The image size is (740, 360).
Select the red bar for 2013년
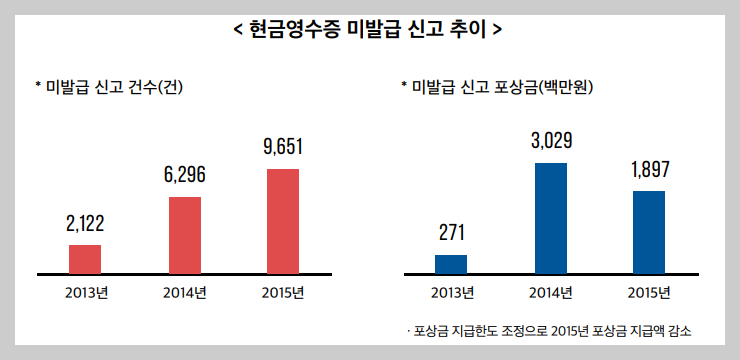pyautogui.click(x=85, y=258)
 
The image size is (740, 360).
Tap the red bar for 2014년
pyautogui.click(x=184, y=234)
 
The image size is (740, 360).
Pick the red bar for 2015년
pyautogui.click(x=282, y=220)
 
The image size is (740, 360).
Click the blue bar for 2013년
pyautogui.click(x=450, y=263)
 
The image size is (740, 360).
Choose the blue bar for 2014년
pyautogui.click(x=551, y=217)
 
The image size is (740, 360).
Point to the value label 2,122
pyautogui.click(x=85, y=223)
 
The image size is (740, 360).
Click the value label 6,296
pyautogui.click(x=184, y=175)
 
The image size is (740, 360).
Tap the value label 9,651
pyautogui.click(x=282, y=147)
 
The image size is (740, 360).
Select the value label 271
pyautogui.click(x=450, y=233)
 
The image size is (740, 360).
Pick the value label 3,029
pyautogui.click(x=551, y=140)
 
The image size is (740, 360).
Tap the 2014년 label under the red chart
pyautogui.click(x=184, y=293)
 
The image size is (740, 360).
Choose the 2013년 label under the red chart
pyautogui.click(x=86, y=293)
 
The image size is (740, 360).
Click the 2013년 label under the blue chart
pyautogui.click(x=451, y=293)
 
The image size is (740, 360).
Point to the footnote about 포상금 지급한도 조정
pyautogui.click(x=549, y=330)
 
